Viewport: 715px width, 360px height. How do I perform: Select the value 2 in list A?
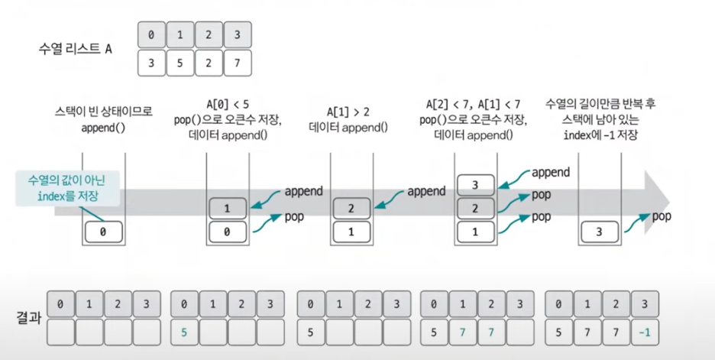coord(208,63)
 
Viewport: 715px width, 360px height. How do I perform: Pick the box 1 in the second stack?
coord(227,208)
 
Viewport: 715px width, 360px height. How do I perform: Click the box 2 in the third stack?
coord(351,208)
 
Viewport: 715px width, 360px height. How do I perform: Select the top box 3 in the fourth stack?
coord(476,185)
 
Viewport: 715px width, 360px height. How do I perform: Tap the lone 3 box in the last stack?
coord(600,231)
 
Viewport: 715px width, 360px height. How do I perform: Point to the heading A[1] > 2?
coord(351,111)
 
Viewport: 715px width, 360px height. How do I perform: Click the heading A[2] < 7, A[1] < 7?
coord(475,104)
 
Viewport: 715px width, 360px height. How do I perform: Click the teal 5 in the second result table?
coord(185,332)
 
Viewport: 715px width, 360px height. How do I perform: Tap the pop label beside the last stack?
coord(662,217)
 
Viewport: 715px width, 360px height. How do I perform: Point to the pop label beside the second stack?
coord(296,217)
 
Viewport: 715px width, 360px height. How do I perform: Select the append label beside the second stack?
coord(303,191)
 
